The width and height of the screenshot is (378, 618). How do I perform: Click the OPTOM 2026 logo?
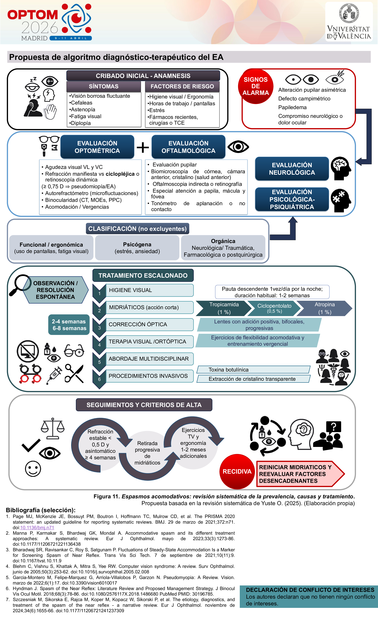[x=49, y=22]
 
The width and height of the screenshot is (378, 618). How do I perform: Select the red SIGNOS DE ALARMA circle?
[x=256, y=86]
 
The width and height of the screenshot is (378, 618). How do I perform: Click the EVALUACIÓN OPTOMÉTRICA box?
[x=97, y=147]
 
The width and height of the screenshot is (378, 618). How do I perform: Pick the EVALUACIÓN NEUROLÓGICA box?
[x=292, y=169]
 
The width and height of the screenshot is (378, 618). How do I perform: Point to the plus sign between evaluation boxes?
[x=143, y=147]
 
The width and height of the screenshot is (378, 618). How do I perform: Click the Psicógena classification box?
[x=137, y=248]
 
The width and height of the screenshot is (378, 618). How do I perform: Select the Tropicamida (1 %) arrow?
[x=224, y=308]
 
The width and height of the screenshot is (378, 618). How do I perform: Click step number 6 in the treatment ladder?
[x=99, y=379]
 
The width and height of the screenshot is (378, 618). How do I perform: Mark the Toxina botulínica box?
[x=253, y=369]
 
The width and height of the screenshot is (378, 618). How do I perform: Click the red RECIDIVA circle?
[x=237, y=472]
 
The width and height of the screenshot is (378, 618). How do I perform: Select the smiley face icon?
[x=33, y=468]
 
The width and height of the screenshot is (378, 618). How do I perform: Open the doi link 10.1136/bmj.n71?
[x=37, y=527]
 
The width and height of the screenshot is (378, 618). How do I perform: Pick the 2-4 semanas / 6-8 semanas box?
[x=69, y=325]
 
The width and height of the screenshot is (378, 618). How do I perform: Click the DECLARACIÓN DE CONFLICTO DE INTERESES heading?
[x=310, y=590]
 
